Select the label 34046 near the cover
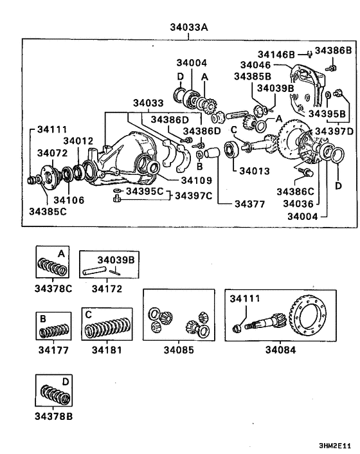255,65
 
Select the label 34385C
48,210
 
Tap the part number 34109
177,180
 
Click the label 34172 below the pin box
107,289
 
